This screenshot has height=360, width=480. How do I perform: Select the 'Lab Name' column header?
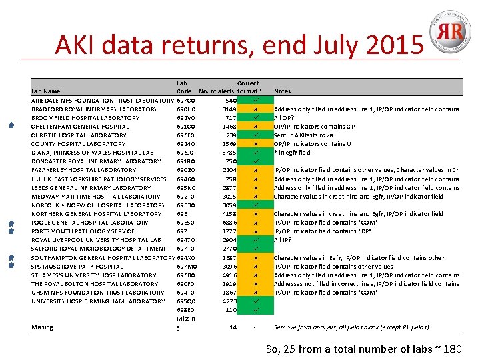(45, 91)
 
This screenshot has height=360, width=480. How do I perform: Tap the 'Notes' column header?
(282, 91)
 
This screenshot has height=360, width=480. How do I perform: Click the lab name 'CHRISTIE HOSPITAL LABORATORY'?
(79, 135)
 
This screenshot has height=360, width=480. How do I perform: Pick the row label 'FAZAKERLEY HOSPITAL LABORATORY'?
(83, 170)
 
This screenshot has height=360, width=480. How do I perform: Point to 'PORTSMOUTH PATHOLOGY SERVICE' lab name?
(83, 231)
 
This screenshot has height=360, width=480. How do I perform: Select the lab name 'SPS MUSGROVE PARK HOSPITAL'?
(77, 266)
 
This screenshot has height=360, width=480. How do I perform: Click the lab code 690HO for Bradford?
(186, 109)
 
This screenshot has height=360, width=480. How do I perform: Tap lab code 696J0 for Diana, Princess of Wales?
(185, 153)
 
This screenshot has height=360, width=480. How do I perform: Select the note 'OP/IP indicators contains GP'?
(314, 127)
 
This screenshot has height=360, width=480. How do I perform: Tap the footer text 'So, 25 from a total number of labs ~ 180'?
(363, 349)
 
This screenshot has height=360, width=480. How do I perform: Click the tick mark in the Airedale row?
(256, 100)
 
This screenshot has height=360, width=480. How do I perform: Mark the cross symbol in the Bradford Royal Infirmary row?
(256, 109)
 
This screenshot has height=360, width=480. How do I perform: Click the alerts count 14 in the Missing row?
(232, 327)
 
